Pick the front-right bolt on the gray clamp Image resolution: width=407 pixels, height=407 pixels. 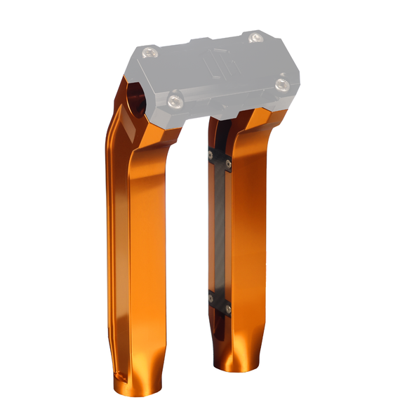click(x=283, y=84)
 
